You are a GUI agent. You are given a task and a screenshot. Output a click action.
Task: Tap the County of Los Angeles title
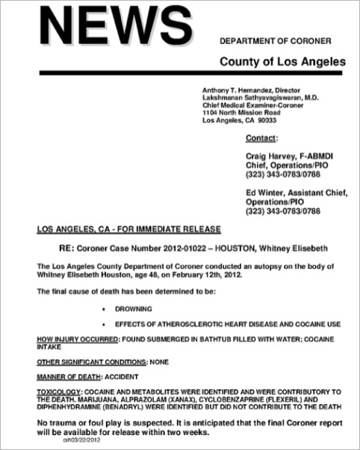282,60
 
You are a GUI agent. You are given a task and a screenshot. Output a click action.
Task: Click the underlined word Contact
261,138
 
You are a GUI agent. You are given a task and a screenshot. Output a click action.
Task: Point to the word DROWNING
134,307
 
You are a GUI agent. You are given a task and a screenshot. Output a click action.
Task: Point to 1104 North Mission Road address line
242,113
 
